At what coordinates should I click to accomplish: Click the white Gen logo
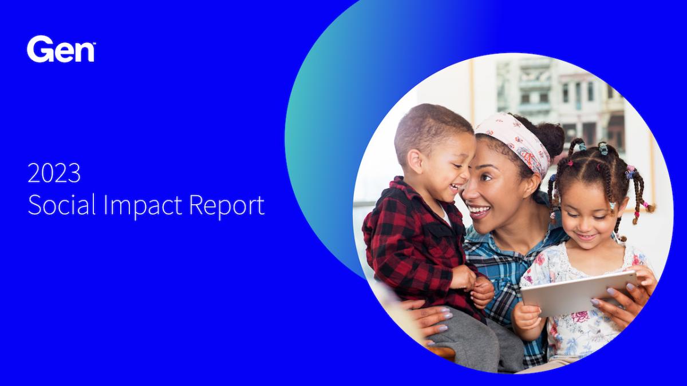pyautogui.click(x=61, y=49)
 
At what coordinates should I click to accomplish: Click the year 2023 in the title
pyautogui.click(x=54, y=173)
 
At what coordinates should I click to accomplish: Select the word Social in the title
pyautogui.click(x=62, y=205)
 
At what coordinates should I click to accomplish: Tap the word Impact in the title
pyautogui.click(x=143, y=207)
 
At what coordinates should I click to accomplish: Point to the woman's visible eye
pyautogui.click(x=487, y=177)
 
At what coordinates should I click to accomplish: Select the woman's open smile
pyautogui.click(x=479, y=211)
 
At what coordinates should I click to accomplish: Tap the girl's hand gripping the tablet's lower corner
pyautogui.click(x=528, y=319)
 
